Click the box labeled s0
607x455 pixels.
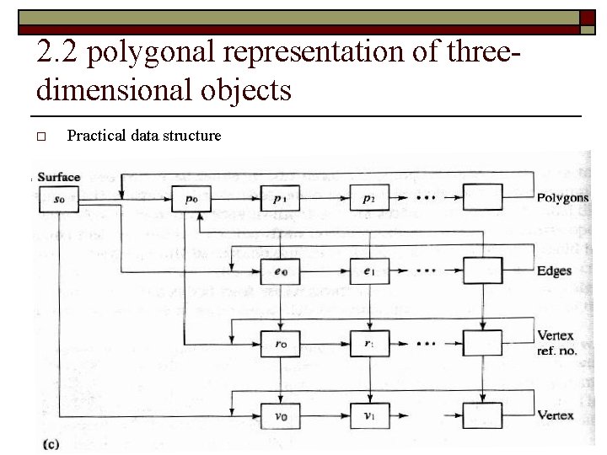[59, 199]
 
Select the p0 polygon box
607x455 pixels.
[191, 199]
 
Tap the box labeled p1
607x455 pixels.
[280, 199]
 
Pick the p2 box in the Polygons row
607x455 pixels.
[369, 199]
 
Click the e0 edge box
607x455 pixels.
[280, 271]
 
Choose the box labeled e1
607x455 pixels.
[369, 271]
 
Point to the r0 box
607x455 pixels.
[280, 344]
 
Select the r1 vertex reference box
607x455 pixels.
[369, 344]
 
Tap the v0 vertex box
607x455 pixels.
[280, 415]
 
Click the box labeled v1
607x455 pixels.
[369, 415]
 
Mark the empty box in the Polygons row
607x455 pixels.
[482, 197]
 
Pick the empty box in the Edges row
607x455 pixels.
[482, 270]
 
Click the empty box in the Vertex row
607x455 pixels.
[482, 415]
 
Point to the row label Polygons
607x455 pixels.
[562, 198]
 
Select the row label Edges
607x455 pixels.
[554, 271]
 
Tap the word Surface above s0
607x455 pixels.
[59, 177]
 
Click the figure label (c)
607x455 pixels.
[51, 443]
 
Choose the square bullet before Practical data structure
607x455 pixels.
[40, 136]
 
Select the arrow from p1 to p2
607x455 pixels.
[325, 199]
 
